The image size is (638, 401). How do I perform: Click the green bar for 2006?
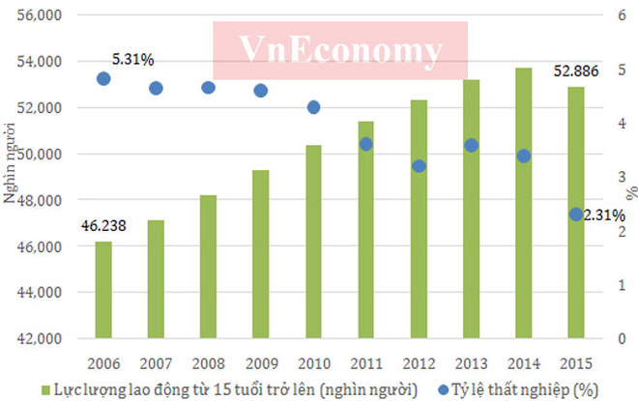pyautogui.click(x=103, y=290)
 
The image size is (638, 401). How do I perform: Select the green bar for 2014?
pyautogui.click(x=523, y=203)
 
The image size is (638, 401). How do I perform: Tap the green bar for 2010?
pyautogui.click(x=313, y=242)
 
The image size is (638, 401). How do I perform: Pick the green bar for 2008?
pyautogui.click(x=208, y=267)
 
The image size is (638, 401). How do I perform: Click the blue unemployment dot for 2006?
pyautogui.click(x=103, y=79)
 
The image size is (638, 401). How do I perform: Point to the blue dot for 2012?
pyautogui.click(x=419, y=166)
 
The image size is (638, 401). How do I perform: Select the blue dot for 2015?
pyautogui.click(x=575, y=214)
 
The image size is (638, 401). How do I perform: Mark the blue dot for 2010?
pyautogui.click(x=313, y=107)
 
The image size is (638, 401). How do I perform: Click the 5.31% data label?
pyautogui.click(x=133, y=59)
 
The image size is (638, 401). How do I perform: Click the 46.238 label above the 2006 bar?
pyautogui.click(x=104, y=225)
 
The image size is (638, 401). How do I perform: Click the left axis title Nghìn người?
pyautogui.click(x=10, y=176)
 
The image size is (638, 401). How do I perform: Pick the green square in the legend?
pyautogui.click(x=45, y=388)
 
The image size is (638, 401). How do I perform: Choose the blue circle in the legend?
pyautogui.click(x=440, y=388)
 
